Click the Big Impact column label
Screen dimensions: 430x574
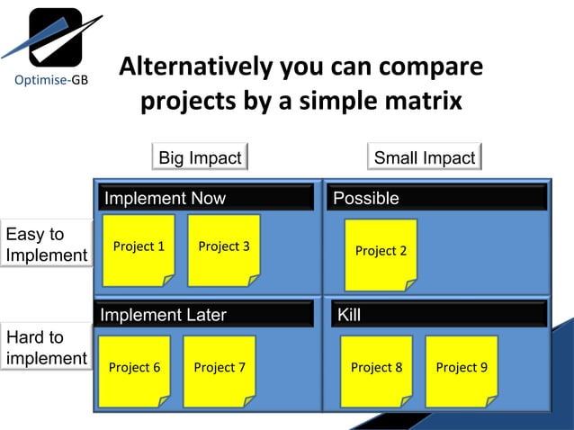[x=200, y=158]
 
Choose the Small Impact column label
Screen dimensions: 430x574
[x=424, y=158]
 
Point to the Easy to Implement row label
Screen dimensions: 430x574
[x=46, y=245]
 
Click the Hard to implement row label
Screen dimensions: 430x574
[x=46, y=348]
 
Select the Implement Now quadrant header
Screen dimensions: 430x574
[x=207, y=198]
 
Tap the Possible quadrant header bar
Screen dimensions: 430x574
[x=436, y=198]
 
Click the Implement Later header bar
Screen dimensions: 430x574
[x=204, y=315]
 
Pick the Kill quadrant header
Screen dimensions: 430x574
[x=438, y=315]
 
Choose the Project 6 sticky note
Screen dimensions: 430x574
[x=134, y=370]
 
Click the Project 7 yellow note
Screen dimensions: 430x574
[x=220, y=370]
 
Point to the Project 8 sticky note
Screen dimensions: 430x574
[x=376, y=370]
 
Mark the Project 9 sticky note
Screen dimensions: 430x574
[x=462, y=370]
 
